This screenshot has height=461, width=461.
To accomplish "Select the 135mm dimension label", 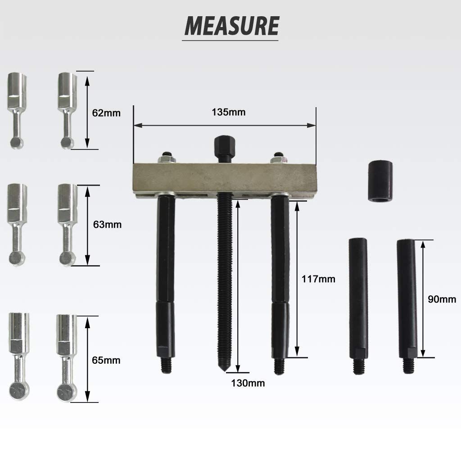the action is click(228, 112).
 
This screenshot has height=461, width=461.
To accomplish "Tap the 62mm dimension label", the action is click(106, 113).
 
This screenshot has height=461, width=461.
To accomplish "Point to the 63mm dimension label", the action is click(107, 225).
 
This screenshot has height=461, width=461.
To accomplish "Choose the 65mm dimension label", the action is click(106, 360).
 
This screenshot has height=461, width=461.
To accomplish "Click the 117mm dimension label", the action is click(318, 279).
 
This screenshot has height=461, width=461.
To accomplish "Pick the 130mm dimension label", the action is click(248, 383).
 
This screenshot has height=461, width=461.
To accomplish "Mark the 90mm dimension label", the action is click(442, 299).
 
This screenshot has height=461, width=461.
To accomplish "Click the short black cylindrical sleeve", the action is click(380, 181).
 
